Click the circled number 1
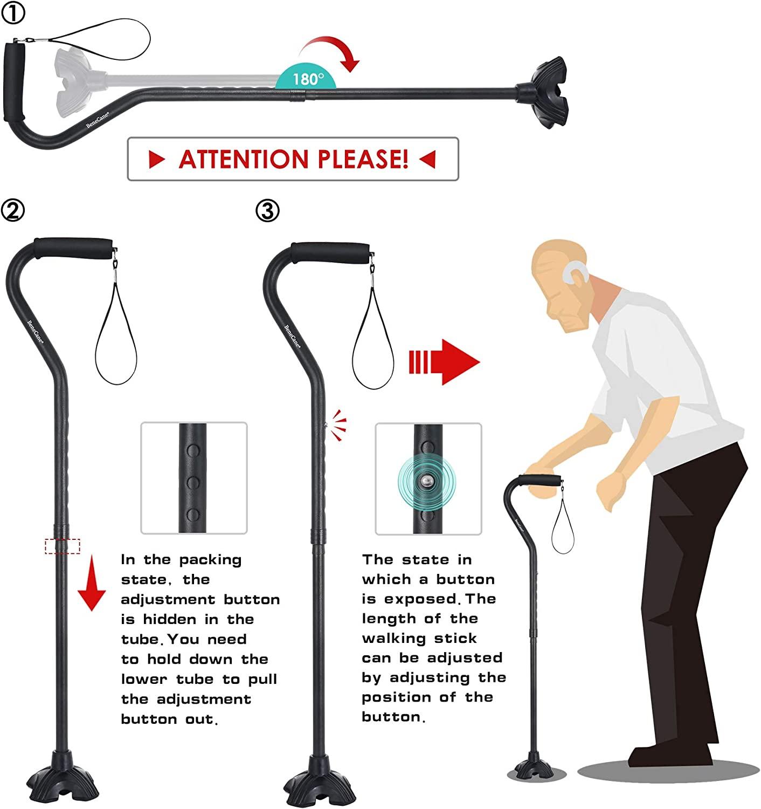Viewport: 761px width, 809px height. tap(13, 13)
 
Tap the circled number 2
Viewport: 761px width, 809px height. tap(13, 210)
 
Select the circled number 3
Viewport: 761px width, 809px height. tap(267, 210)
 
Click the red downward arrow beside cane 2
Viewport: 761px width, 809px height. tap(91, 585)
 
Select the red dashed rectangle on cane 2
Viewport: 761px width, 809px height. tap(63, 546)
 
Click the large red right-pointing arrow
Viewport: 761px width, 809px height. tap(445, 362)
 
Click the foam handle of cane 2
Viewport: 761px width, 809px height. tap(74, 249)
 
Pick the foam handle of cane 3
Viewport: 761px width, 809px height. tap(330, 252)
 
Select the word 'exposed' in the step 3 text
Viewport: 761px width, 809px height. tap(420, 599)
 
